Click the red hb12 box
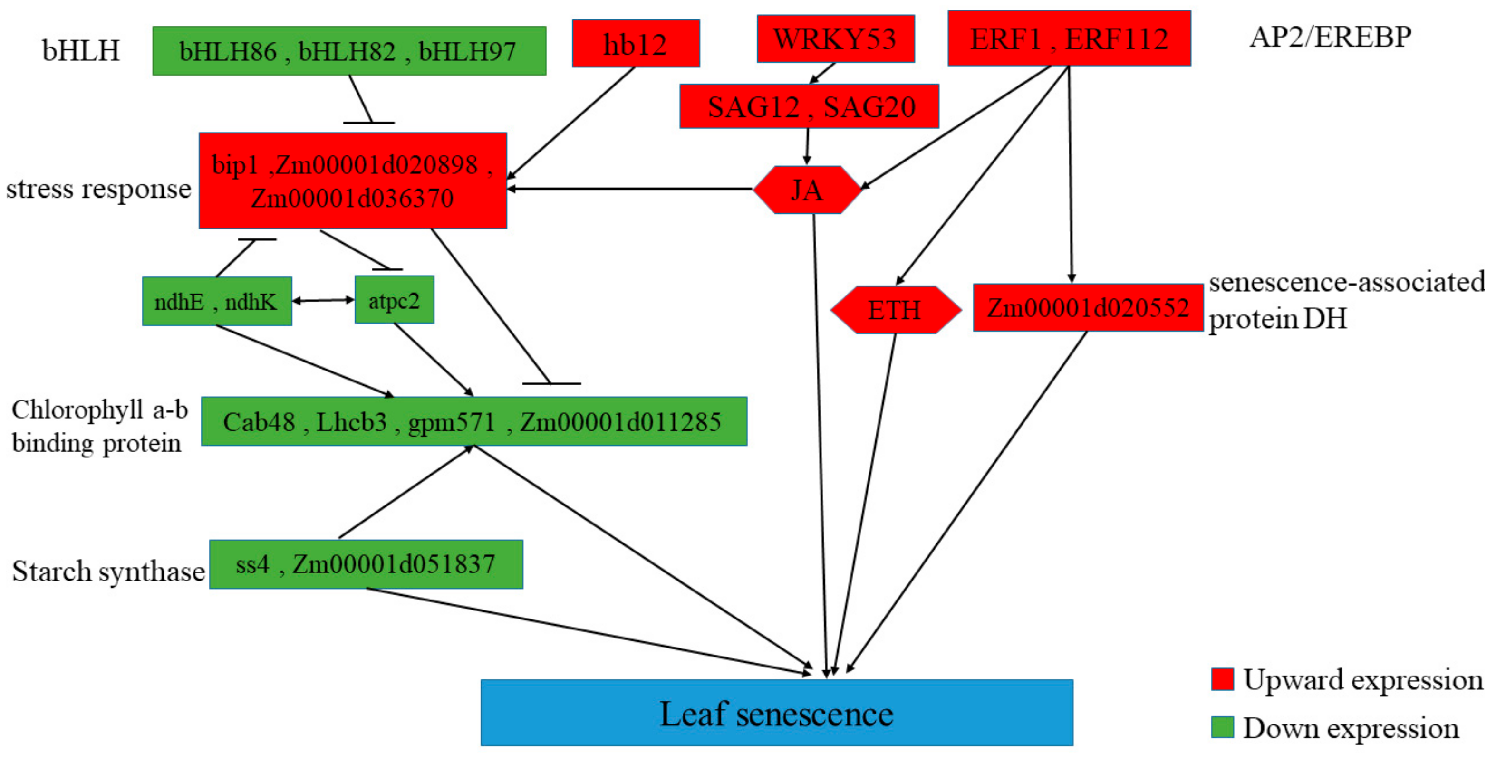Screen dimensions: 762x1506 [636, 44]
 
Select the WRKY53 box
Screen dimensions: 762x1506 [835, 39]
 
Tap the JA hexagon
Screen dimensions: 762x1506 [807, 190]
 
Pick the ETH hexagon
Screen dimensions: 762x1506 [895, 310]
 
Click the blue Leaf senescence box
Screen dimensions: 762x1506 [776, 712]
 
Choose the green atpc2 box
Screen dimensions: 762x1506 [395, 300]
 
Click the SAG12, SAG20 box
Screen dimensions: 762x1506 [809, 106]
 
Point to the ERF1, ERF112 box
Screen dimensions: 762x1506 [1069, 38]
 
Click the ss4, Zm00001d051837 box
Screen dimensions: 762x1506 [366, 564]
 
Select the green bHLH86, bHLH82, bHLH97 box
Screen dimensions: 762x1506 [349, 51]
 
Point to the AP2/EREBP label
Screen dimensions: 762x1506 [1330, 37]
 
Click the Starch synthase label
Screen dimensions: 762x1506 [108, 571]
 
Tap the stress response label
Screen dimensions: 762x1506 [98, 189]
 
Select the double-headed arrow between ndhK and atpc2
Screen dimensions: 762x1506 [323, 300]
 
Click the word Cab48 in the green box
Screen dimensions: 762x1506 [259, 422]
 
